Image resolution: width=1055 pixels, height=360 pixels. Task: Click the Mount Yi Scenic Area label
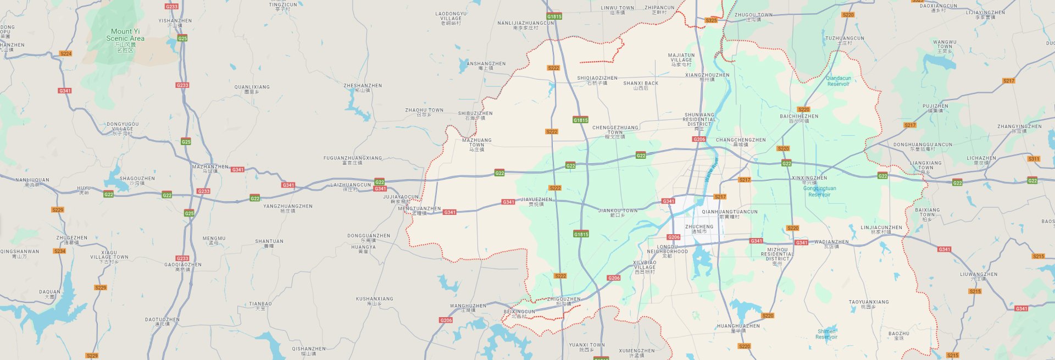pos(125,35)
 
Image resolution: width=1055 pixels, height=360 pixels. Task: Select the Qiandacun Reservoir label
pos(838,81)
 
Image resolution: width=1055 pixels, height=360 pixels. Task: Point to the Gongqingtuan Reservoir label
pos(819,191)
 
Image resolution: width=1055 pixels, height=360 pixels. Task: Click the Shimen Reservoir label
pos(826,334)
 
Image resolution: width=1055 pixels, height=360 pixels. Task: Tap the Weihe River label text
pos(712,170)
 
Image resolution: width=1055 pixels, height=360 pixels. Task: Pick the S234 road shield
pos(59,251)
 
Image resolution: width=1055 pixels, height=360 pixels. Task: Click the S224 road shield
pos(65,53)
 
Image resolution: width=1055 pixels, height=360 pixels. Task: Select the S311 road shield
pos(1034,159)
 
